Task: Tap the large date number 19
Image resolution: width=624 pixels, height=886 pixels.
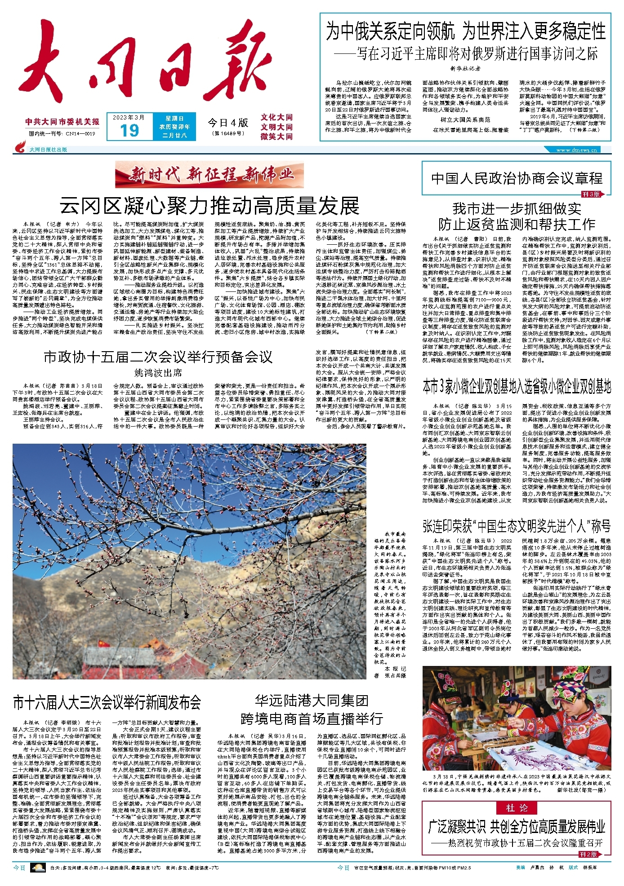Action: pos(129,131)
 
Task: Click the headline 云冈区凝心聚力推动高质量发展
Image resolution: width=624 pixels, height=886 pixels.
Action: pos(209,206)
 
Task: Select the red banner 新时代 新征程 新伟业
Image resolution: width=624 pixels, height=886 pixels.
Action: pos(209,175)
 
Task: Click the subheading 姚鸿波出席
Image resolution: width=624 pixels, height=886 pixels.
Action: pos(158,373)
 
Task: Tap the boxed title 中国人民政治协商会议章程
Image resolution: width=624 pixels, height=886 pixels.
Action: pos(517,178)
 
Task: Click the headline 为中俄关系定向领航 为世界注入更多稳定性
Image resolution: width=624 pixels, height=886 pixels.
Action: pos(465,32)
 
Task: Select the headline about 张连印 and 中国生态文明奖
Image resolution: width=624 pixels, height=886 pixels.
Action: pos(517,525)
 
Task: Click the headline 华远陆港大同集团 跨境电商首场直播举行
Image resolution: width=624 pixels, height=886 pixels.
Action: pos(312,710)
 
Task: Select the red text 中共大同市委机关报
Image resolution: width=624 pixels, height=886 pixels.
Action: pos(62,122)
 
